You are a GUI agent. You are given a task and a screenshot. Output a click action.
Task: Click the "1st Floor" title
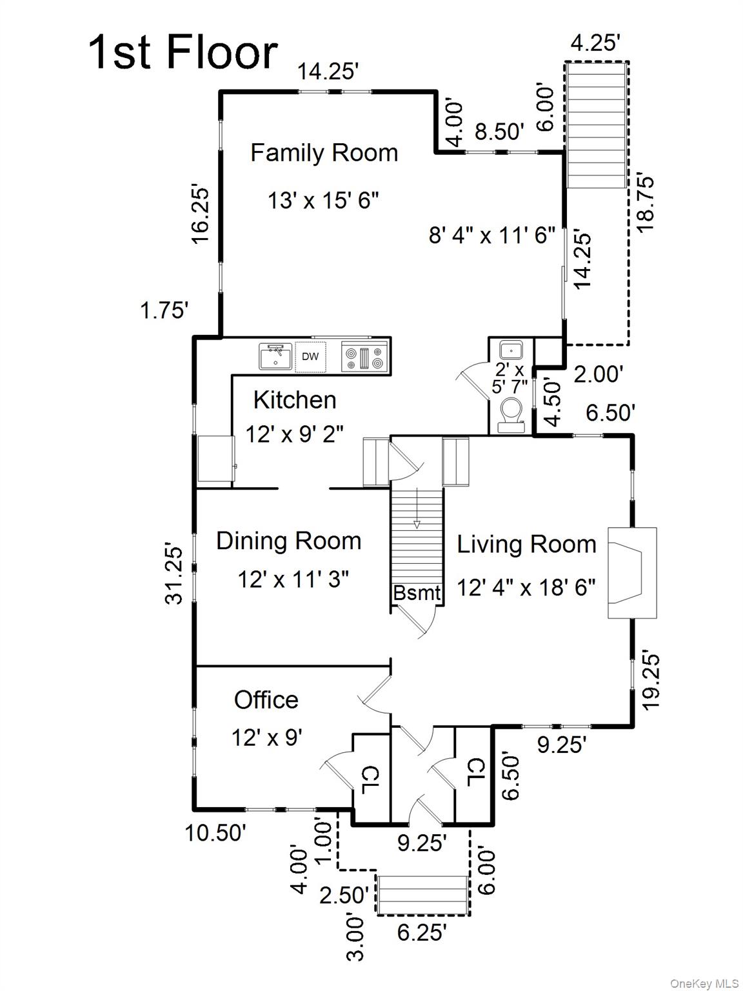point(183,53)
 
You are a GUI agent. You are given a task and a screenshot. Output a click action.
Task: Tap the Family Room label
point(324,153)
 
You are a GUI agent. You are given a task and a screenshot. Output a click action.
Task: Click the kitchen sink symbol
point(275,356)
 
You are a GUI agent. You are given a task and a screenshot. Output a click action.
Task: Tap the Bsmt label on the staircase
point(417,593)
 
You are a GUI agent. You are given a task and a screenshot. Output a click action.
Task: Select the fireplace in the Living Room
point(631,573)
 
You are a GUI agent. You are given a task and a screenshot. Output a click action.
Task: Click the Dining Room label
point(288,541)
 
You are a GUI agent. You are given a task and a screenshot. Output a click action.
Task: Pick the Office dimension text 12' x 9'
point(266,737)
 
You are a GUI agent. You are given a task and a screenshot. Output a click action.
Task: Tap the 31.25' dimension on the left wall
point(174,576)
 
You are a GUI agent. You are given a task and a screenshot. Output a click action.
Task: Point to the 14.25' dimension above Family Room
point(328,71)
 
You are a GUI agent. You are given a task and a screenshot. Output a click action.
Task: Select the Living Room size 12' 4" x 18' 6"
point(526,588)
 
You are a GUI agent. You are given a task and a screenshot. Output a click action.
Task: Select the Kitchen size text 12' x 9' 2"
point(294,434)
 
